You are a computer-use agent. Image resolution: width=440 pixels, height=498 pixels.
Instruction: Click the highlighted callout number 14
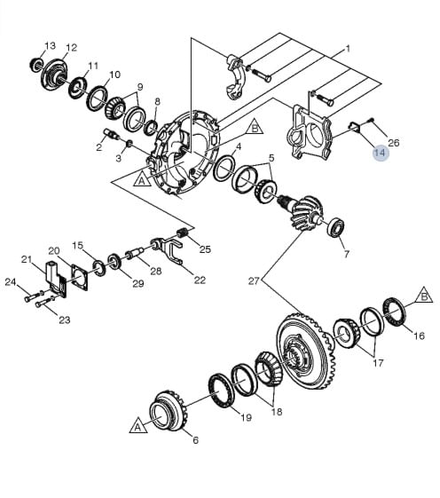coord(380,153)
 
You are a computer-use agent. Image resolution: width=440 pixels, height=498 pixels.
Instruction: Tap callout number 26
coord(394,143)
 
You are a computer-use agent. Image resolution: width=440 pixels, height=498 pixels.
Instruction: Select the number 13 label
coord(50,46)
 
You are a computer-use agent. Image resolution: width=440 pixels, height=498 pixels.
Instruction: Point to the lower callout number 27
coord(254,281)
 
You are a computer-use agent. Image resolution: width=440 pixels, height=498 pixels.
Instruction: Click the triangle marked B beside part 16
coord(424,296)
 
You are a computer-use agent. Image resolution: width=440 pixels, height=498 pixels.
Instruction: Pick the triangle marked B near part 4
coord(255,127)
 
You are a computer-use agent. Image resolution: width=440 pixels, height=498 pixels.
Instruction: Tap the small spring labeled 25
coord(183,233)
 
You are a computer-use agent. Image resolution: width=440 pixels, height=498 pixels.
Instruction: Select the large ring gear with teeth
coord(305,351)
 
